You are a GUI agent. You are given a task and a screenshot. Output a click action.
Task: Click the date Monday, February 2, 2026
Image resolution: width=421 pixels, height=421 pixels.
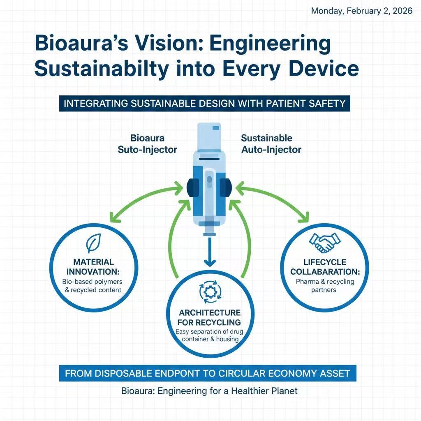point(361,11)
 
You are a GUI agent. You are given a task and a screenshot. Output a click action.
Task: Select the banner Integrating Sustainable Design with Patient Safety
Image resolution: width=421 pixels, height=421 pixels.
point(204,103)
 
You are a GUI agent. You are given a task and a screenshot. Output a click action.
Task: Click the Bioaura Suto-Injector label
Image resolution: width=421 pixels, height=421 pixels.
point(147,143)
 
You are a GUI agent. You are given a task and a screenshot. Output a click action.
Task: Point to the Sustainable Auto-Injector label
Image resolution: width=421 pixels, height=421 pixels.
point(271,143)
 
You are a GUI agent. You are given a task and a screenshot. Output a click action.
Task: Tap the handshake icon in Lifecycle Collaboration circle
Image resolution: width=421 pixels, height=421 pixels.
point(324,243)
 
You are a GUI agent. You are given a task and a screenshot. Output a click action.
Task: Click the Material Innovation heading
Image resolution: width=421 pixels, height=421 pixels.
point(93,267)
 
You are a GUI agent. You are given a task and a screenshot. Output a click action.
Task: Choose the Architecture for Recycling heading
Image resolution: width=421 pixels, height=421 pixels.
point(210,317)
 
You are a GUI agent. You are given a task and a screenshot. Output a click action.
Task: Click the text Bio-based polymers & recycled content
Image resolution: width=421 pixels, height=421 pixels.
point(92,286)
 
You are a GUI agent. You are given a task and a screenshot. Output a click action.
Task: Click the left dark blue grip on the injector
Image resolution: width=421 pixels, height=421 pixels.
point(192,187)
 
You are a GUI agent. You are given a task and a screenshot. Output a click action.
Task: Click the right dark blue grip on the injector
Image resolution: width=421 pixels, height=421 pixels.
point(225,187)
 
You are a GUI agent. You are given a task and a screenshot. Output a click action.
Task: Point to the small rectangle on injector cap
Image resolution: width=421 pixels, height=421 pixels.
point(216,129)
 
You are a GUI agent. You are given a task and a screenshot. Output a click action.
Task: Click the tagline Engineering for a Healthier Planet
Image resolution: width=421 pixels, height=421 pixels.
point(209,391)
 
